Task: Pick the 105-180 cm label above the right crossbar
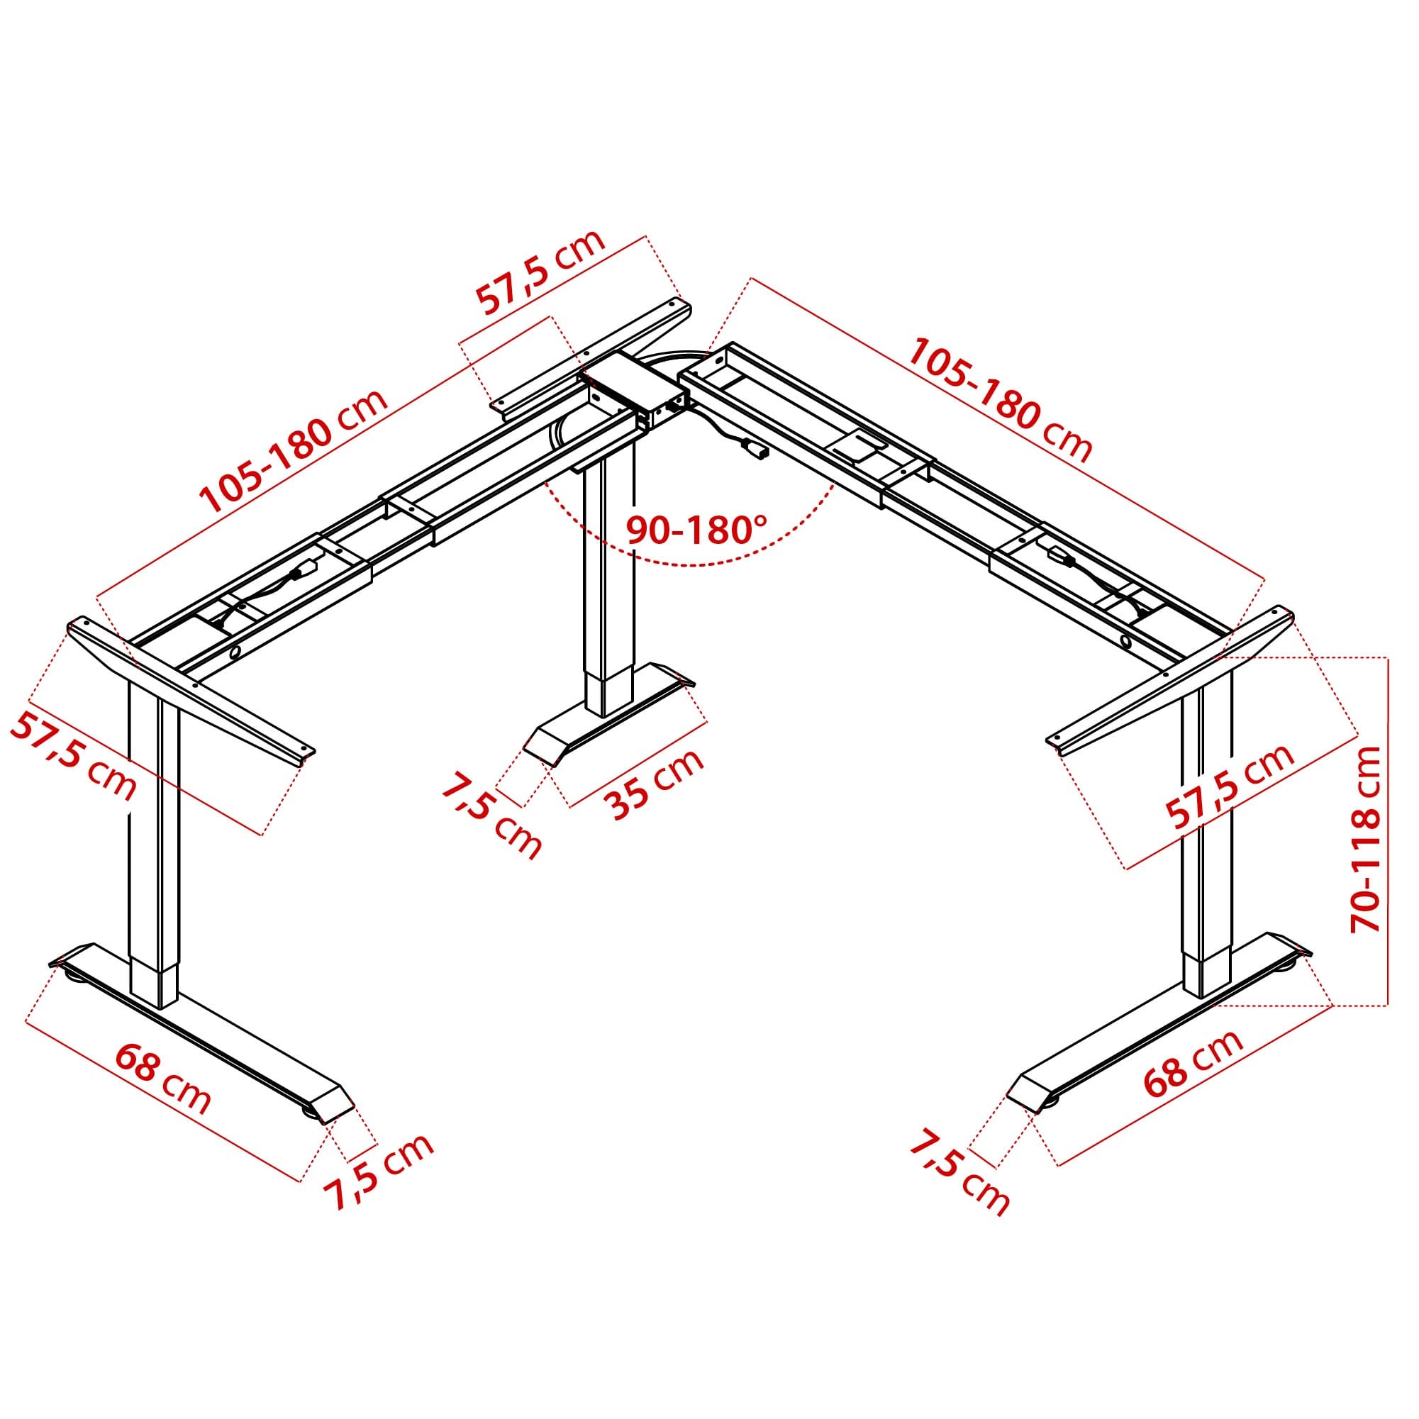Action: (x=1001, y=399)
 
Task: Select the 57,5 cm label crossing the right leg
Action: (x=1230, y=786)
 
